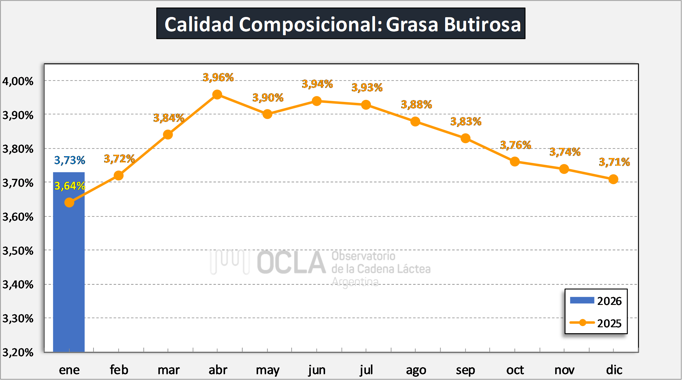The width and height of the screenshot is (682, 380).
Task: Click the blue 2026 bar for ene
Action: tap(69, 268)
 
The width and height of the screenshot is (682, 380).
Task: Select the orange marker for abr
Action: tap(217, 95)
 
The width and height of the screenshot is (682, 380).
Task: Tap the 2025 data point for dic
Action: tap(613, 179)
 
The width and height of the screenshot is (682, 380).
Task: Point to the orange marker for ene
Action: tap(69, 203)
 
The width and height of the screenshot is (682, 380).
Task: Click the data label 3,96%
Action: tap(218, 77)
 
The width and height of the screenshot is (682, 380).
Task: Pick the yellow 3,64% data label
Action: tap(70, 186)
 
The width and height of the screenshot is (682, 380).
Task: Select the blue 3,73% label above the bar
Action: tap(70, 160)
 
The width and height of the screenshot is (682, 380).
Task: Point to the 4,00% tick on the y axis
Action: tap(18, 81)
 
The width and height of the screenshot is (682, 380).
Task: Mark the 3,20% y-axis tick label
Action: tap(18, 353)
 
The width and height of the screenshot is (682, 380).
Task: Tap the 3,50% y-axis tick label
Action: tap(18, 251)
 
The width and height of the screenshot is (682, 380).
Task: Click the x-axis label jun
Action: tap(317, 370)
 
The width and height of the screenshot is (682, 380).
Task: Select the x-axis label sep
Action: tap(465, 370)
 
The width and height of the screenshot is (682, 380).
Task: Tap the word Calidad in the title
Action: tap(199, 24)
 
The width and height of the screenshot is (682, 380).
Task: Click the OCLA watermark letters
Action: tap(291, 263)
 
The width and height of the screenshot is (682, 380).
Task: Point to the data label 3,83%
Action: tap(466, 122)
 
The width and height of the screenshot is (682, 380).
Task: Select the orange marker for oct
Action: tap(515, 162)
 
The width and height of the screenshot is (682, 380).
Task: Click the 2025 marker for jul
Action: tap(366, 105)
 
